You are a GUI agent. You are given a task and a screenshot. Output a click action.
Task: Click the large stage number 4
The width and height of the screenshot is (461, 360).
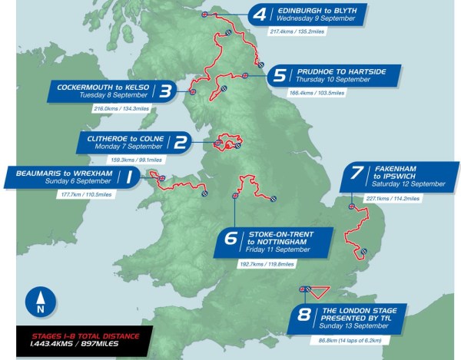pos(260,15)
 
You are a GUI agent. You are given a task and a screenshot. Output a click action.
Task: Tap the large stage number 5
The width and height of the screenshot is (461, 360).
pos(280,75)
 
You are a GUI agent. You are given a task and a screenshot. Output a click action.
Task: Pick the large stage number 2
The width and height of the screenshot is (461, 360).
pos(181,142)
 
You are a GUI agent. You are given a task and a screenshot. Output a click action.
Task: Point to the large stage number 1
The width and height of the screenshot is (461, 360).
pos(130,179)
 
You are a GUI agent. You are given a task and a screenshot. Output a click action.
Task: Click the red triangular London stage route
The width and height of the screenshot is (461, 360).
pos(317,292)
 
